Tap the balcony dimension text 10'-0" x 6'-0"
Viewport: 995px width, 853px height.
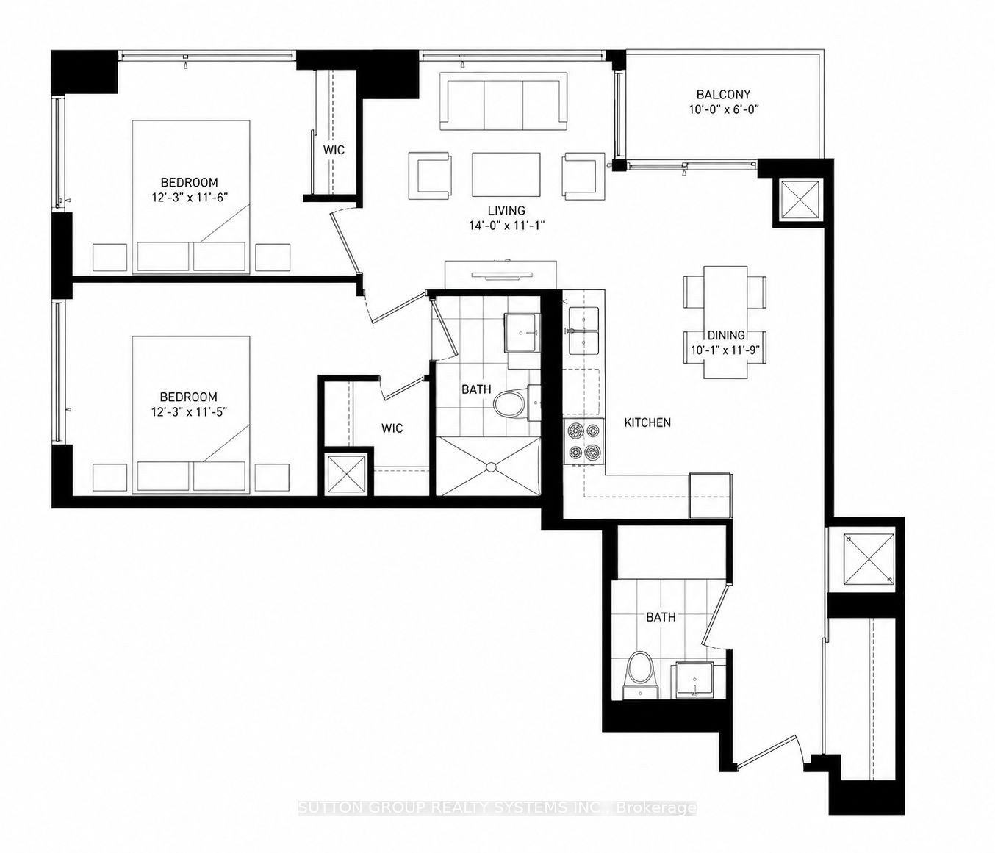pyautogui.click(x=723, y=109)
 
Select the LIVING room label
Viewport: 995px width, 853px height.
pyautogui.click(x=506, y=210)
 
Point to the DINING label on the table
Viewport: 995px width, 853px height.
pyautogui.click(x=726, y=335)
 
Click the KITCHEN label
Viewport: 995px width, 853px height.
pyautogui.click(x=647, y=422)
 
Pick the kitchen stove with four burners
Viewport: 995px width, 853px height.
pyautogui.click(x=584, y=442)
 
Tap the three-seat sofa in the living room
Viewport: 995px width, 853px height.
pyautogui.click(x=504, y=101)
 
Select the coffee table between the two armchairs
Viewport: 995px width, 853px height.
pyautogui.click(x=506, y=175)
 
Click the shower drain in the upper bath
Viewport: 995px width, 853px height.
pyautogui.click(x=492, y=467)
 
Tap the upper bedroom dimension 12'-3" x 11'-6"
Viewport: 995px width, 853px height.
pyautogui.click(x=189, y=198)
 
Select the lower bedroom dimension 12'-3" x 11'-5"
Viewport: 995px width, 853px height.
pyautogui.click(x=189, y=411)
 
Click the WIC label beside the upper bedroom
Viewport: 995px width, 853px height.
pyautogui.click(x=334, y=150)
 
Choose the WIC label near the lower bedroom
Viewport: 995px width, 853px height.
pyautogui.click(x=392, y=428)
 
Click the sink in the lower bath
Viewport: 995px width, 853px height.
pyautogui.click(x=694, y=680)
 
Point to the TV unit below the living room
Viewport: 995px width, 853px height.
pyautogui.click(x=500, y=275)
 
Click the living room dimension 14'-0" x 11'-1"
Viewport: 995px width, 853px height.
pyautogui.click(x=506, y=226)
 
